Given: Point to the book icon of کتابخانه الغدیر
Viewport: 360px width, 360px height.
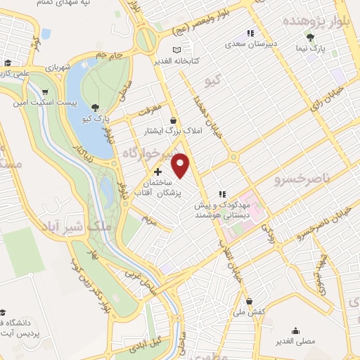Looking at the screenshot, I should click(x=176, y=50).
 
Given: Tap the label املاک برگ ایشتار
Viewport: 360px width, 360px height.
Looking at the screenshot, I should click(x=172, y=131).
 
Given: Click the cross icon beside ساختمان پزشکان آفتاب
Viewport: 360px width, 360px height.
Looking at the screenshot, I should click(x=157, y=172).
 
